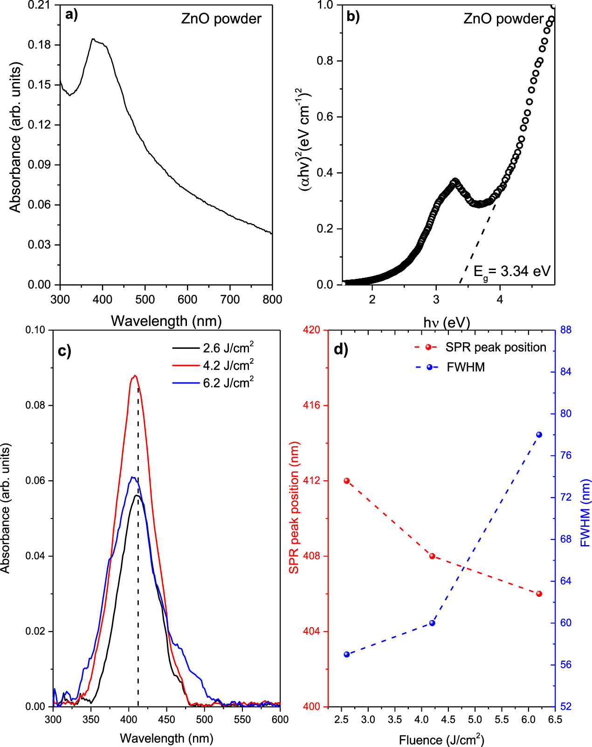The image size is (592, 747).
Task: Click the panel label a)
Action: [x=71, y=15]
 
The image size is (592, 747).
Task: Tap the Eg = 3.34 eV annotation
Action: [x=512, y=271]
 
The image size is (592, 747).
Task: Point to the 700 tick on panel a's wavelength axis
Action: [x=230, y=299]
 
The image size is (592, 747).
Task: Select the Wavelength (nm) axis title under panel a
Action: [x=166, y=321]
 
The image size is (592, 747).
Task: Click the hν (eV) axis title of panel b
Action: [x=447, y=323]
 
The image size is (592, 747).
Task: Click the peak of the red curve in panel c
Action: [x=134, y=375]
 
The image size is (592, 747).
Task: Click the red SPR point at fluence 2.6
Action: [x=346, y=481]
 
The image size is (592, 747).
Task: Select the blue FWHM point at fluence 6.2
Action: [x=539, y=435]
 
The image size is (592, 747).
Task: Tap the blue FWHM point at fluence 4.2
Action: [x=432, y=623]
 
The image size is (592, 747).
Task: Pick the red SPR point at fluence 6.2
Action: [x=539, y=594]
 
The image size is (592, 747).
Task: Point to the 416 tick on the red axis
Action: [x=311, y=405]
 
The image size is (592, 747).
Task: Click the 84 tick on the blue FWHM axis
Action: [x=566, y=372]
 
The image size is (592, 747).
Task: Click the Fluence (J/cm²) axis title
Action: [x=441, y=740]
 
